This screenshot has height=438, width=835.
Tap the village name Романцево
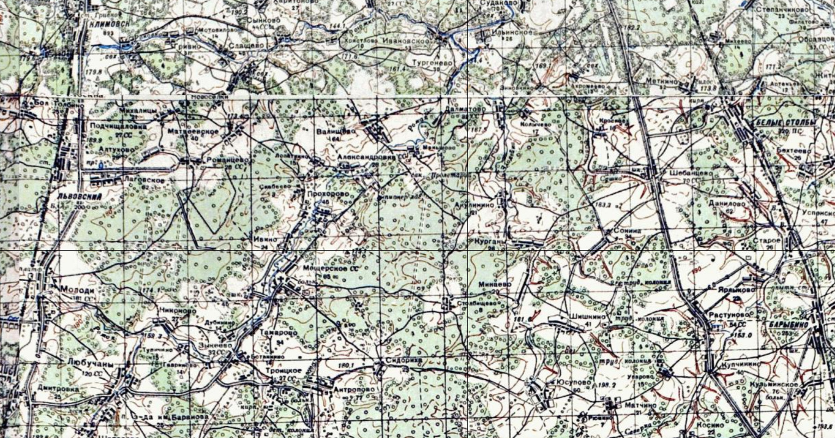pyautogui.click(x=227, y=160)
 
